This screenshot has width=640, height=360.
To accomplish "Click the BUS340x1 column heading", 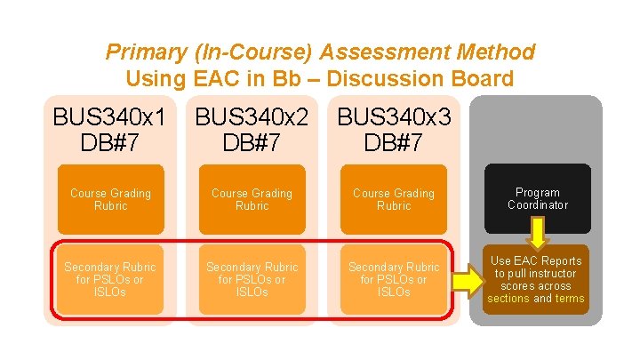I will tap(110, 117).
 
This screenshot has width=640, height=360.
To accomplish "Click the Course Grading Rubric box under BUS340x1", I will tap(110, 199).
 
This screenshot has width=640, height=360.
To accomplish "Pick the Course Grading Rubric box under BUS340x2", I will tap(252, 199).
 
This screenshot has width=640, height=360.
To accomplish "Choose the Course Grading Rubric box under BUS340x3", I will tap(393, 199).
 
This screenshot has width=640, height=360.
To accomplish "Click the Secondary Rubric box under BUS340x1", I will tap(110, 279).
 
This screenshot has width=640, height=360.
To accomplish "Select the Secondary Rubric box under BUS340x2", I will tap(252, 279).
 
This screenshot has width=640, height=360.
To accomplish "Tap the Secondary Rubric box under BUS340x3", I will tap(393, 279).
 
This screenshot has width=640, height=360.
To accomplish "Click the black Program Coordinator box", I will tap(538, 198).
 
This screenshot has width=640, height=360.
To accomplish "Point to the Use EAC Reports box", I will tap(536, 279).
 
